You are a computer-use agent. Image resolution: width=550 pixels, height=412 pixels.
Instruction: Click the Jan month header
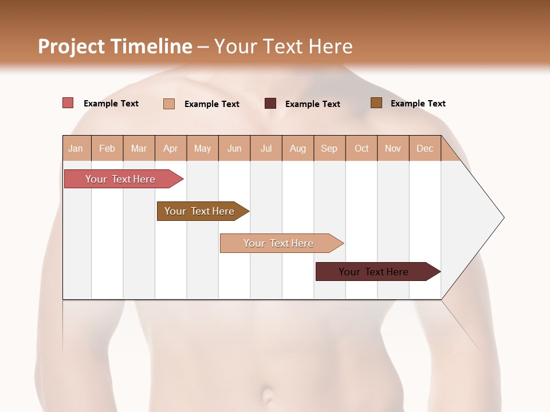coord(76,149)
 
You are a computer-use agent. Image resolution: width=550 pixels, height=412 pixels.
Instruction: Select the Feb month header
coord(107,149)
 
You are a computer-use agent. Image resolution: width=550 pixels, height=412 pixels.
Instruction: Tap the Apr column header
coord(170,149)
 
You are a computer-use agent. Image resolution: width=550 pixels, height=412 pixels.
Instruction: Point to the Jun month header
coord(234,149)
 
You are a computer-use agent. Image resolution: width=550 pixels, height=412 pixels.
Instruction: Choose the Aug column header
coord(297,149)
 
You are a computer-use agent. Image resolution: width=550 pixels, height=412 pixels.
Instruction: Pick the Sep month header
coord(329,149)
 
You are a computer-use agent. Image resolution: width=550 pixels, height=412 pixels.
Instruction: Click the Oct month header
coord(362,149)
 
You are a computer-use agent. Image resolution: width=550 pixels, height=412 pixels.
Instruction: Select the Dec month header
coord(425,149)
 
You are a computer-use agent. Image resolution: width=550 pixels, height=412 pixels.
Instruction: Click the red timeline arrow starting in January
coord(120,179)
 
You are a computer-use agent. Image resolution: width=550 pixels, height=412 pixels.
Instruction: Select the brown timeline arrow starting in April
coord(199,211)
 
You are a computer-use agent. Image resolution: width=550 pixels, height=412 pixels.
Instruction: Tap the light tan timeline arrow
coord(278,243)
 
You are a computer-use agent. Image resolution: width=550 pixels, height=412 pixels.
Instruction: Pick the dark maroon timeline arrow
coord(374,272)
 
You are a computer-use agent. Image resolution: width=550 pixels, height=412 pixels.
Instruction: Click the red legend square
coord(68,103)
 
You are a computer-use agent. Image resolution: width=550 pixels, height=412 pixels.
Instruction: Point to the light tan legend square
coord(169,104)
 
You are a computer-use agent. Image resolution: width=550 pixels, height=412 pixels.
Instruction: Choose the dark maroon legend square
coord(270,103)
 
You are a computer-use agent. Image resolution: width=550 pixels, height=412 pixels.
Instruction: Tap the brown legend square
coord(376,103)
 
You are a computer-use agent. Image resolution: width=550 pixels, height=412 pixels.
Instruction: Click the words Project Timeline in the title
coord(115,46)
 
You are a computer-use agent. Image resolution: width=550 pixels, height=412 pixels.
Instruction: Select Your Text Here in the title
coord(283,46)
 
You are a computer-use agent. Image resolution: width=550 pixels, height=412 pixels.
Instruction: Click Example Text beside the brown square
coord(418,104)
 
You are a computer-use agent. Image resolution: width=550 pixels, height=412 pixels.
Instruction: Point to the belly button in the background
coord(267,395)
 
